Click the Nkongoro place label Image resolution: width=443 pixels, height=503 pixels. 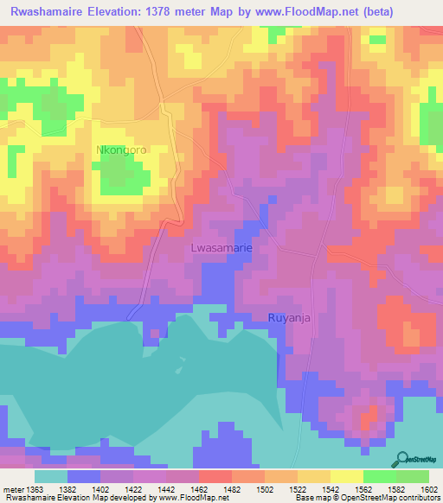click(120, 150)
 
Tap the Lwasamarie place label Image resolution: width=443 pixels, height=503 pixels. click(221, 248)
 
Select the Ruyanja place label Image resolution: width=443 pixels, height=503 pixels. click(287, 317)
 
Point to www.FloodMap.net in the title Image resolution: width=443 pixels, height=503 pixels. click(290, 12)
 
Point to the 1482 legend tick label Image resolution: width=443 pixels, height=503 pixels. click(231, 489)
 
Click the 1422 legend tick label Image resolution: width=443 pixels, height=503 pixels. click(132, 489)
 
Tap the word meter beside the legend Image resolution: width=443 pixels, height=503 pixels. click(10, 489)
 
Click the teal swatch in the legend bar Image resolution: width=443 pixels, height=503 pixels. click(50, 476)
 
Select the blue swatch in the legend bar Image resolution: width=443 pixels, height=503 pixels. click(83, 476)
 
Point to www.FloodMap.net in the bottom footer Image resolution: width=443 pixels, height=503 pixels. click(191, 498)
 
